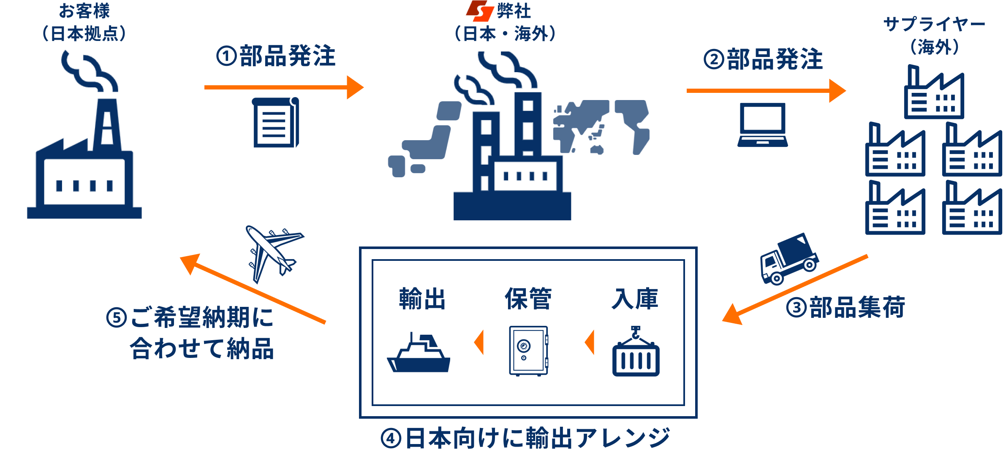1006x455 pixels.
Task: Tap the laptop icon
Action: (762, 125)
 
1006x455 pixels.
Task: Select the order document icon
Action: (276, 122)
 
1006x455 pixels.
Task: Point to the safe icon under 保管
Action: (528, 350)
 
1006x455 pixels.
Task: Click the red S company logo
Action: (480, 11)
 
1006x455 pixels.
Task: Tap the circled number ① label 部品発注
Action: (276, 56)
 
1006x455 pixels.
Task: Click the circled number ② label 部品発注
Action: (763, 59)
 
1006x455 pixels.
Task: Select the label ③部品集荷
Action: (845, 307)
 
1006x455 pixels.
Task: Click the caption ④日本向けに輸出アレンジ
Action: (525, 438)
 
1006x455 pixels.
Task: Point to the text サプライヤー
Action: (934, 24)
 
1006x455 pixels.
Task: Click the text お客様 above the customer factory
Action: (84, 11)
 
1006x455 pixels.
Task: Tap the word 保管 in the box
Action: (528, 299)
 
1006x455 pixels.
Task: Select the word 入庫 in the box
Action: (635, 299)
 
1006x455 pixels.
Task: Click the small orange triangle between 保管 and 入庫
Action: (590, 342)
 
